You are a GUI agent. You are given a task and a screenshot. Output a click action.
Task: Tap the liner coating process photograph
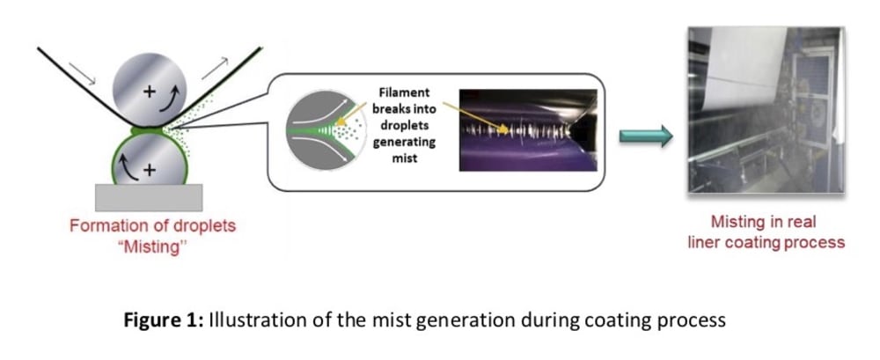tap(766, 110)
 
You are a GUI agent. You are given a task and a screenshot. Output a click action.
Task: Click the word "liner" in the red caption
tap(703, 241)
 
